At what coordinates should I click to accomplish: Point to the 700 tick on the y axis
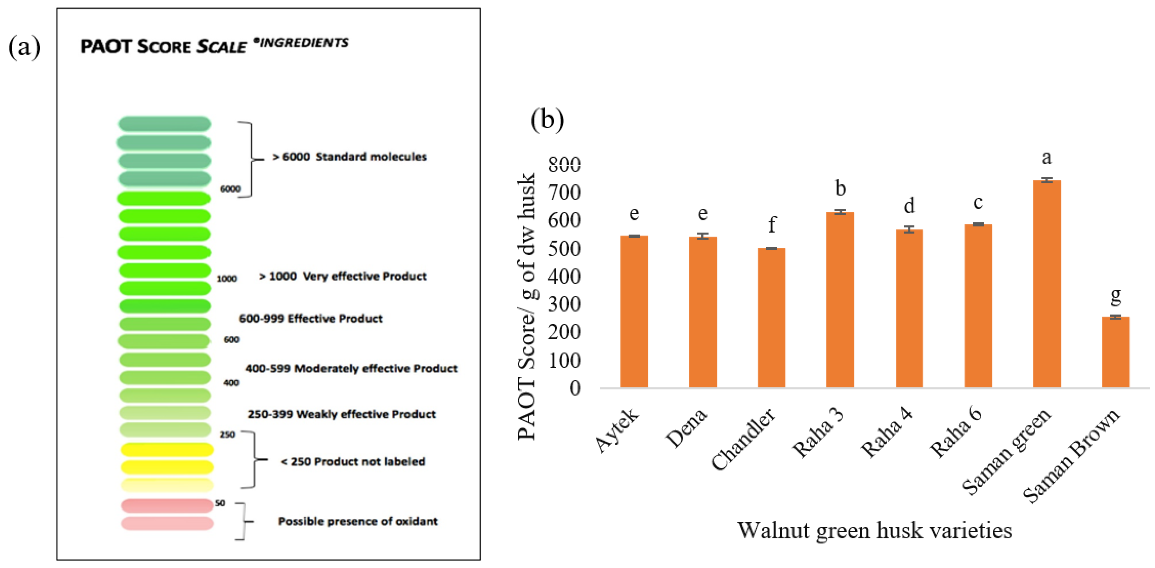[x=564, y=193]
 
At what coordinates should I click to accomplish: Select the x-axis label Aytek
[x=617, y=429]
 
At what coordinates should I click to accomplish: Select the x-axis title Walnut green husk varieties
[x=874, y=530]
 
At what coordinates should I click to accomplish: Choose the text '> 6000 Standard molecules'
[x=350, y=157]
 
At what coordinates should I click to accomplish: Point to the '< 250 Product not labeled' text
[x=353, y=462]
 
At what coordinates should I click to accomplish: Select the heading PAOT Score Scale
[x=163, y=46]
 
